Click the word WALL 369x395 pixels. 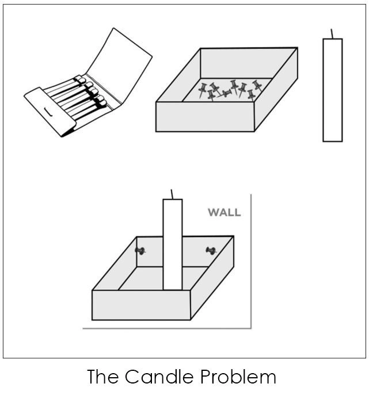coord(224,213)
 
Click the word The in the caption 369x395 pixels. coord(104,377)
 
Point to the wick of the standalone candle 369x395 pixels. coord(332,34)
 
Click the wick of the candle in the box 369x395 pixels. coord(172,194)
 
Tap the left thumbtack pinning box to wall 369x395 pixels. coord(140,250)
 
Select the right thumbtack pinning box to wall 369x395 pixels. coord(211,251)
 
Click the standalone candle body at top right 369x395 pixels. coord(332,90)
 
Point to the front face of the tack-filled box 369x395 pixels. coord(205,117)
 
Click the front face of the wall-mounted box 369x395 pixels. coord(141,305)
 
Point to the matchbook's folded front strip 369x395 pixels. coord(52,113)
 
